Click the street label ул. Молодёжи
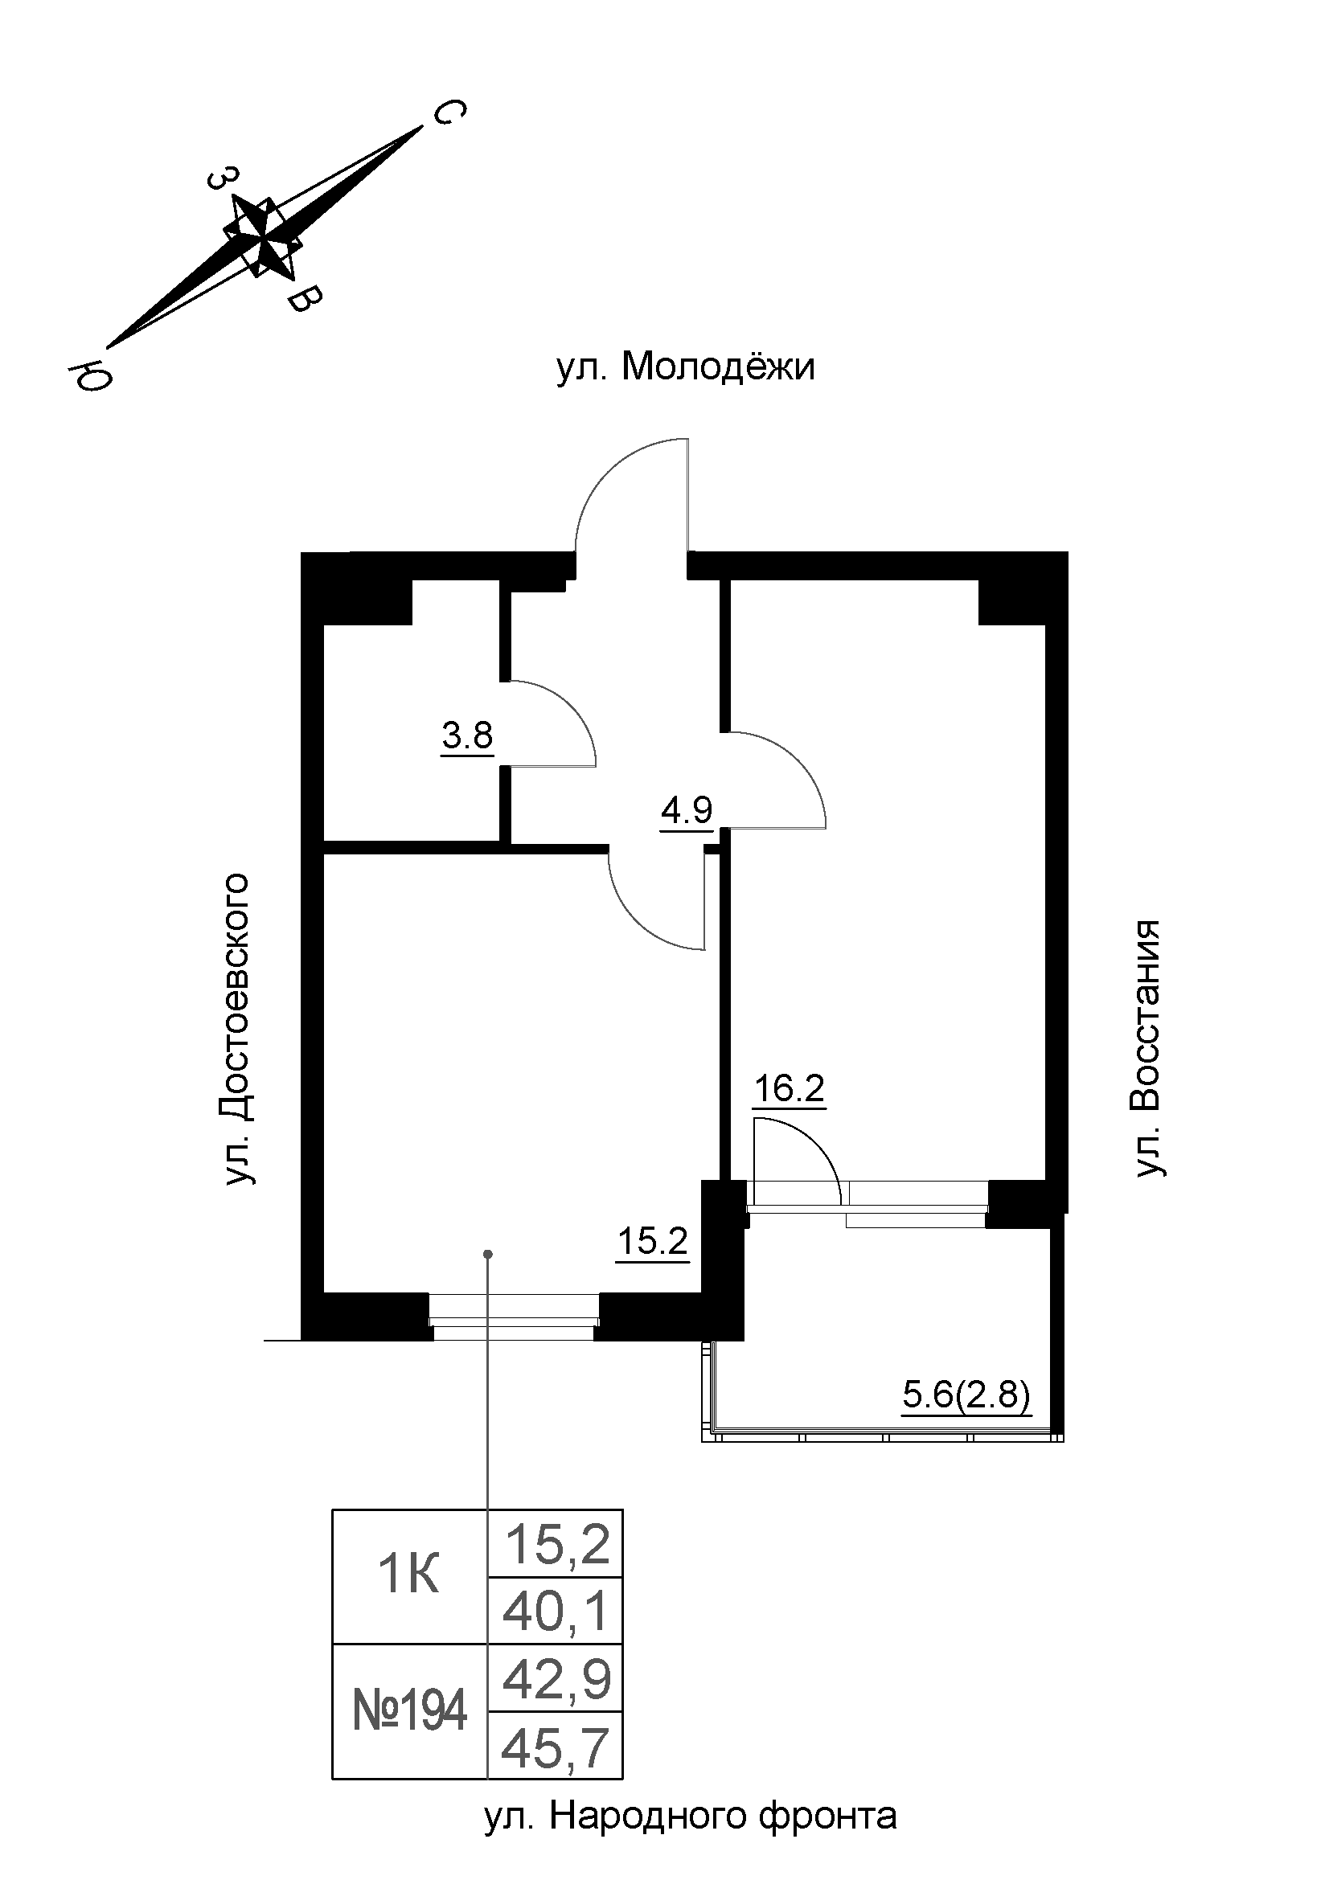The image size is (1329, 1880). (685, 367)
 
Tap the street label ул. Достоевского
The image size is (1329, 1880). (237, 1031)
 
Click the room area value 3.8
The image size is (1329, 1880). (468, 736)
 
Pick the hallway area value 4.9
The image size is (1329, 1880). (686, 811)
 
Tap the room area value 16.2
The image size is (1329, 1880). (789, 1090)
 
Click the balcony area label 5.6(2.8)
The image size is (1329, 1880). (966, 1395)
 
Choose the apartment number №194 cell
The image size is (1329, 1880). (408, 1710)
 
